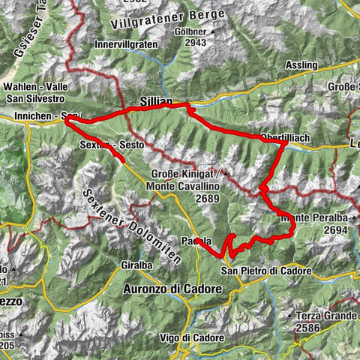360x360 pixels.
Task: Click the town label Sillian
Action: click(x=156, y=100)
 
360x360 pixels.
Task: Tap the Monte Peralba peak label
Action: click(x=314, y=218)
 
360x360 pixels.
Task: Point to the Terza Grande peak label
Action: click(x=325, y=316)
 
